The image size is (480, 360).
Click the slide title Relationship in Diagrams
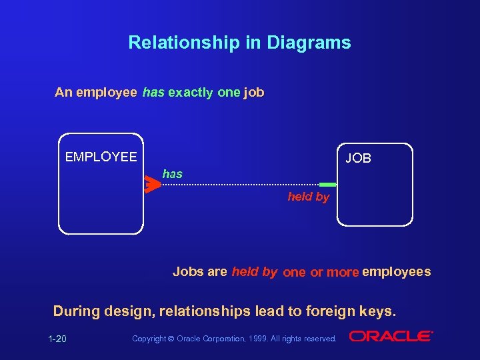click(x=239, y=43)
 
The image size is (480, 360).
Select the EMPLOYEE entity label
click(x=101, y=157)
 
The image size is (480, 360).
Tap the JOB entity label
click(x=358, y=158)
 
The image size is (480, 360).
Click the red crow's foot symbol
click(x=153, y=185)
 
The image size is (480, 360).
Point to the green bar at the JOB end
click(x=327, y=185)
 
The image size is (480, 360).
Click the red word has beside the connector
click(x=172, y=174)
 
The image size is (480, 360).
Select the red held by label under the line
click(x=308, y=197)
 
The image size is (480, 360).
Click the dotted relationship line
click(x=240, y=185)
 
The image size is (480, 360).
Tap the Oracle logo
click(x=391, y=336)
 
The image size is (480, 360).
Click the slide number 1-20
click(x=57, y=339)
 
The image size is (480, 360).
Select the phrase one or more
click(x=321, y=272)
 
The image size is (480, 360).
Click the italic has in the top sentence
click(x=153, y=93)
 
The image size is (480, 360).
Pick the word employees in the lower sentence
click(x=396, y=271)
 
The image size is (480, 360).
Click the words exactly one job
click(x=216, y=93)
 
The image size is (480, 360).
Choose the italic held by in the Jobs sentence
click(x=254, y=271)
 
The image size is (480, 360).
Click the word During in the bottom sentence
click(x=75, y=311)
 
